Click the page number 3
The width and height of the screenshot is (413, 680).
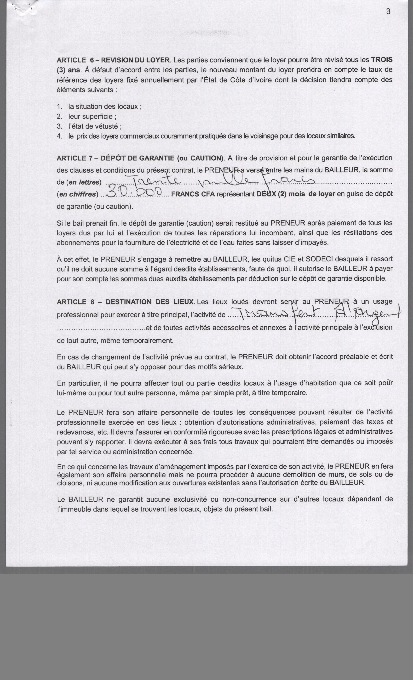[x=388, y=12]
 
